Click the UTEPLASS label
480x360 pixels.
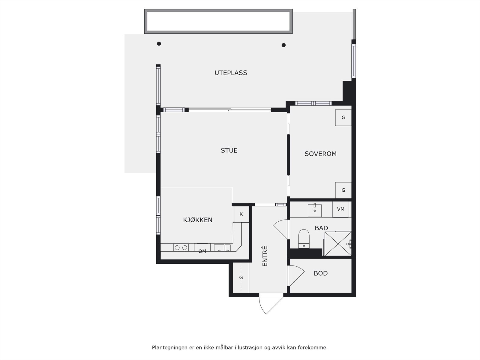click(x=231, y=73)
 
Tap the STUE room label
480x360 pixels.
click(x=229, y=151)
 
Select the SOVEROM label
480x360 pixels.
click(x=320, y=154)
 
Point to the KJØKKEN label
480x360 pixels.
click(x=198, y=220)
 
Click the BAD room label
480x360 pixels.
click(x=321, y=228)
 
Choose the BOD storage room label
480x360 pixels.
click(x=320, y=274)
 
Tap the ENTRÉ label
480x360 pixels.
click(x=265, y=256)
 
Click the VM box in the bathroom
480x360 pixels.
click(x=340, y=209)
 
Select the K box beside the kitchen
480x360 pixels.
click(x=241, y=214)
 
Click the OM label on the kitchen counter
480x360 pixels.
click(x=202, y=251)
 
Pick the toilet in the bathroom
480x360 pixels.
click(x=304, y=239)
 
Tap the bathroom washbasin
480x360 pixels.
click(x=315, y=210)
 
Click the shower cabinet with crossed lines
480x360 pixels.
click(x=338, y=244)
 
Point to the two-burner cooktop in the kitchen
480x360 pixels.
click(x=181, y=247)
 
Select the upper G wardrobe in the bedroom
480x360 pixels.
click(x=343, y=118)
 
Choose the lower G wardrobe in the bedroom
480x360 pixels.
click(x=343, y=190)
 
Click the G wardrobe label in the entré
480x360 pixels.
click(x=241, y=278)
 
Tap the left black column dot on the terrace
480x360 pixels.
click(x=159, y=44)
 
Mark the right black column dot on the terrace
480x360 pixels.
click(x=283, y=45)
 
